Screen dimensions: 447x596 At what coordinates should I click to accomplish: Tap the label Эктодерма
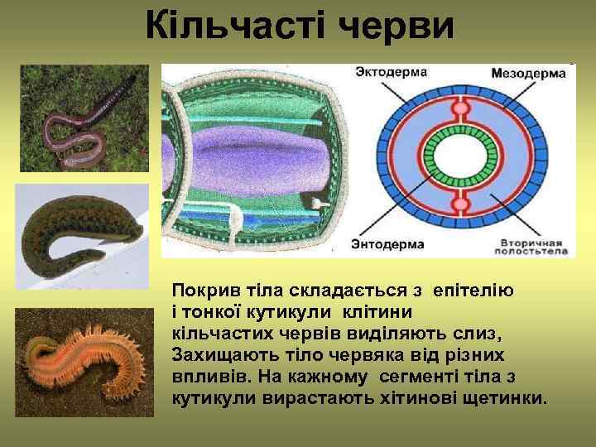(390, 72)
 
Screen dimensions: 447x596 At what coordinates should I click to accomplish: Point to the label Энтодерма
(387, 244)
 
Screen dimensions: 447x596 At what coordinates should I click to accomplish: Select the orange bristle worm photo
(84, 357)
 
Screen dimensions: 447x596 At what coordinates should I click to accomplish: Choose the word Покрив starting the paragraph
(199, 291)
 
